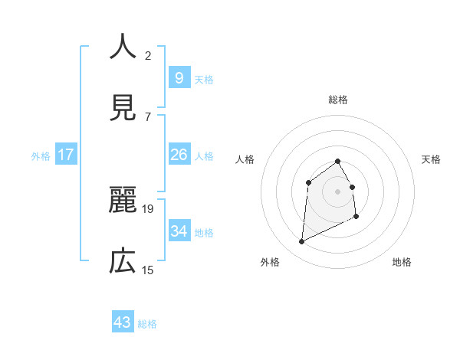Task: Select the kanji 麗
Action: click(x=123, y=201)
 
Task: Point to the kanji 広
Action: click(x=123, y=262)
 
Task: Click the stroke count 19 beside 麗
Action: click(x=148, y=208)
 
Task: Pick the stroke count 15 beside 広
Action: click(x=148, y=270)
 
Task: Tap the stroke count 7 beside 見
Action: click(x=148, y=116)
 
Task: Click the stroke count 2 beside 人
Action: click(x=148, y=55)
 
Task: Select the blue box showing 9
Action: click(x=179, y=77)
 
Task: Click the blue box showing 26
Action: click(x=179, y=155)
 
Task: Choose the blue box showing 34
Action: click(x=179, y=231)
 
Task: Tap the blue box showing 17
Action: click(x=65, y=155)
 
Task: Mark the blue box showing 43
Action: click(x=123, y=322)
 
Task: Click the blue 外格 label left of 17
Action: click(x=41, y=155)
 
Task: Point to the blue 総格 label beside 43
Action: click(x=147, y=324)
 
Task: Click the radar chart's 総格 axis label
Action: click(x=338, y=100)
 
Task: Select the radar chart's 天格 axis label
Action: click(x=432, y=159)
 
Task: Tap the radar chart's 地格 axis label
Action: click(x=402, y=262)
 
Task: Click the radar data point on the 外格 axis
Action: click(x=301, y=242)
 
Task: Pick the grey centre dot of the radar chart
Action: click(x=338, y=191)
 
